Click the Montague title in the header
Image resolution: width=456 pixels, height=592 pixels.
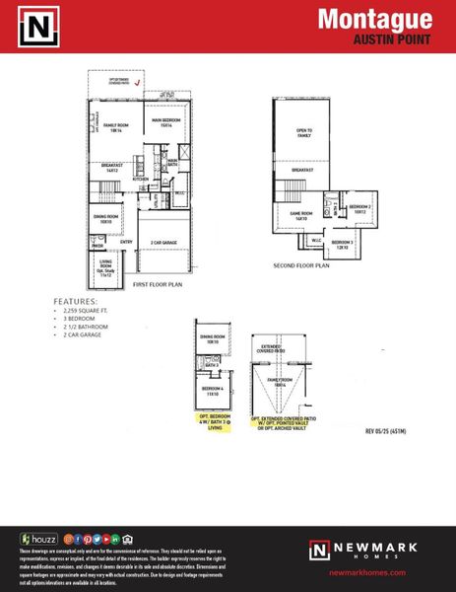click(375, 19)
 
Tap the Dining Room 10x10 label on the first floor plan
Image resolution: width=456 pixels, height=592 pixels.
click(106, 218)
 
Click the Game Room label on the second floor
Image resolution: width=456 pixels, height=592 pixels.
click(299, 214)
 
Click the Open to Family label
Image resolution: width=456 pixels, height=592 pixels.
click(303, 133)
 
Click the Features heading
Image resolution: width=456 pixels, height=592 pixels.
click(76, 301)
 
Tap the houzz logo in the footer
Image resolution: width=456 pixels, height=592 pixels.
click(40, 539)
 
